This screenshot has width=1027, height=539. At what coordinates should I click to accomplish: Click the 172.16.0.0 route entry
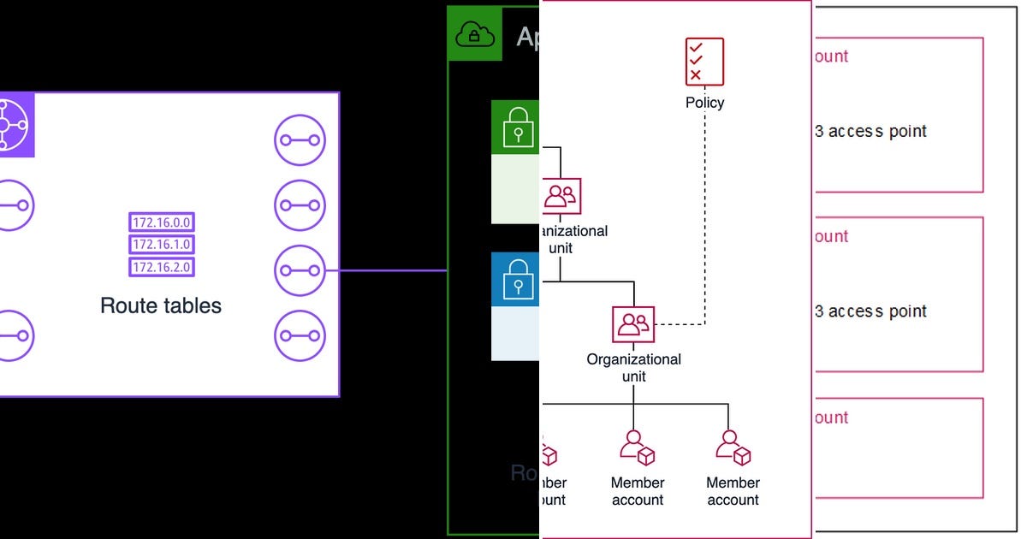point(162,222)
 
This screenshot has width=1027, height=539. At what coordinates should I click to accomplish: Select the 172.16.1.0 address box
point(162,245)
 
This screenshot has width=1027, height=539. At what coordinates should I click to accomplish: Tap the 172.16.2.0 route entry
point(162,267)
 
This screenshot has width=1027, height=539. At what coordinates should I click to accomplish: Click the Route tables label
point(161,305)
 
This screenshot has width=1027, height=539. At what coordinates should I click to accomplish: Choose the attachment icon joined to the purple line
point(300,270)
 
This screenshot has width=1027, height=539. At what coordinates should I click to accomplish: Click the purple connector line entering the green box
point(394,270)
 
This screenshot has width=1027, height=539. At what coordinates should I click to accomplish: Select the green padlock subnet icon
point(516,127)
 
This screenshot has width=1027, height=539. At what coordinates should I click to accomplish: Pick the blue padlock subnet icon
point(516,279)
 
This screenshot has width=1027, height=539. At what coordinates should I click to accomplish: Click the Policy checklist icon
point(704,62)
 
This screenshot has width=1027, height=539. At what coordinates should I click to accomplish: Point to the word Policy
point(704,103)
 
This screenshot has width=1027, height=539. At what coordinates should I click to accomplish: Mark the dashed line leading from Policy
point(704,214)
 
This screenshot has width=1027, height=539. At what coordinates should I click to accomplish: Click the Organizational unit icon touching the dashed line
point(633,324)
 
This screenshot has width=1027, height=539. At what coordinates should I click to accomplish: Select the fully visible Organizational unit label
point(633,367)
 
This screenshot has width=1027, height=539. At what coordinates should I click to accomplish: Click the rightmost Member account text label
point(733,491)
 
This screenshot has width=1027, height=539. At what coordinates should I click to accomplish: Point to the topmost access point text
point(870,131)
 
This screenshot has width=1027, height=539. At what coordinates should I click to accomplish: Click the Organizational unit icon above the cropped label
point(561,196)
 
